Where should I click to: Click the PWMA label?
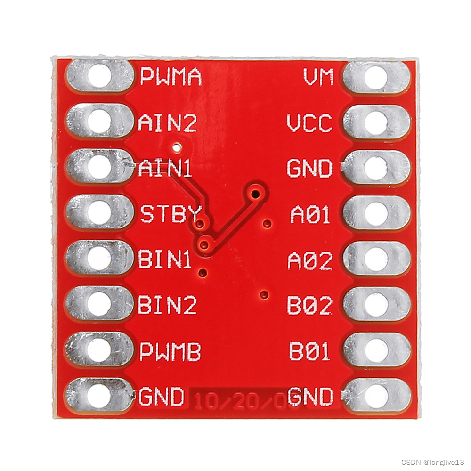(171, 76)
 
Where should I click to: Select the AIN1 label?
(165, 169)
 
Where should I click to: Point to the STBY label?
(171, 214)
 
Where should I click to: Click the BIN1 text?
(165, 260)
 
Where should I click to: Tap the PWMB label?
(171, 351)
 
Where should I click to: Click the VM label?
(318, 77)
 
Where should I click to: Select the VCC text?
(309, 123)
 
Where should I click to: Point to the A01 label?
(310, 214)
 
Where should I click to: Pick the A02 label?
(310, 260)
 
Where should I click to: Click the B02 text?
(309, 306)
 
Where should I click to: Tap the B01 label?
(310, 351)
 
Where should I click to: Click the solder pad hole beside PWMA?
(99, 76)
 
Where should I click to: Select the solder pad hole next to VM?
(376, 77)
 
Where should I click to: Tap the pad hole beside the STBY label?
(99, 214)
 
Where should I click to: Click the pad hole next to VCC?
(376, 122)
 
